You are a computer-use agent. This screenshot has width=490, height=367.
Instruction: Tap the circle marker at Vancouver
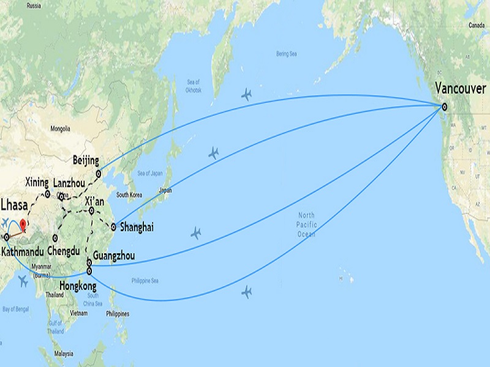(445, 107)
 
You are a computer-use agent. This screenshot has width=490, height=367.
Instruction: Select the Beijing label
(86, 160)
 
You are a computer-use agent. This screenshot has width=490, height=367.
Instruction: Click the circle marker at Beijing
(98, 174)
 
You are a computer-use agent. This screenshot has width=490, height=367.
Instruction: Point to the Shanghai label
(136, 227)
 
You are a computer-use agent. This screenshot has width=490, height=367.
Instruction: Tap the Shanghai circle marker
(113, 227)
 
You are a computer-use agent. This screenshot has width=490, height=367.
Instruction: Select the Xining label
(37, 182)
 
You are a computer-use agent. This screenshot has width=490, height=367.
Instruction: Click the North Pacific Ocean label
(306, 224)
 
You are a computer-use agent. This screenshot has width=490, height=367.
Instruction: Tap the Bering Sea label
(286, 54)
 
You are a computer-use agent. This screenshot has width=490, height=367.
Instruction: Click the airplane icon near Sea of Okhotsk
(246, 94)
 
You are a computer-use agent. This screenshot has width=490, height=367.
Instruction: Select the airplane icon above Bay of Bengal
(24, 281)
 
